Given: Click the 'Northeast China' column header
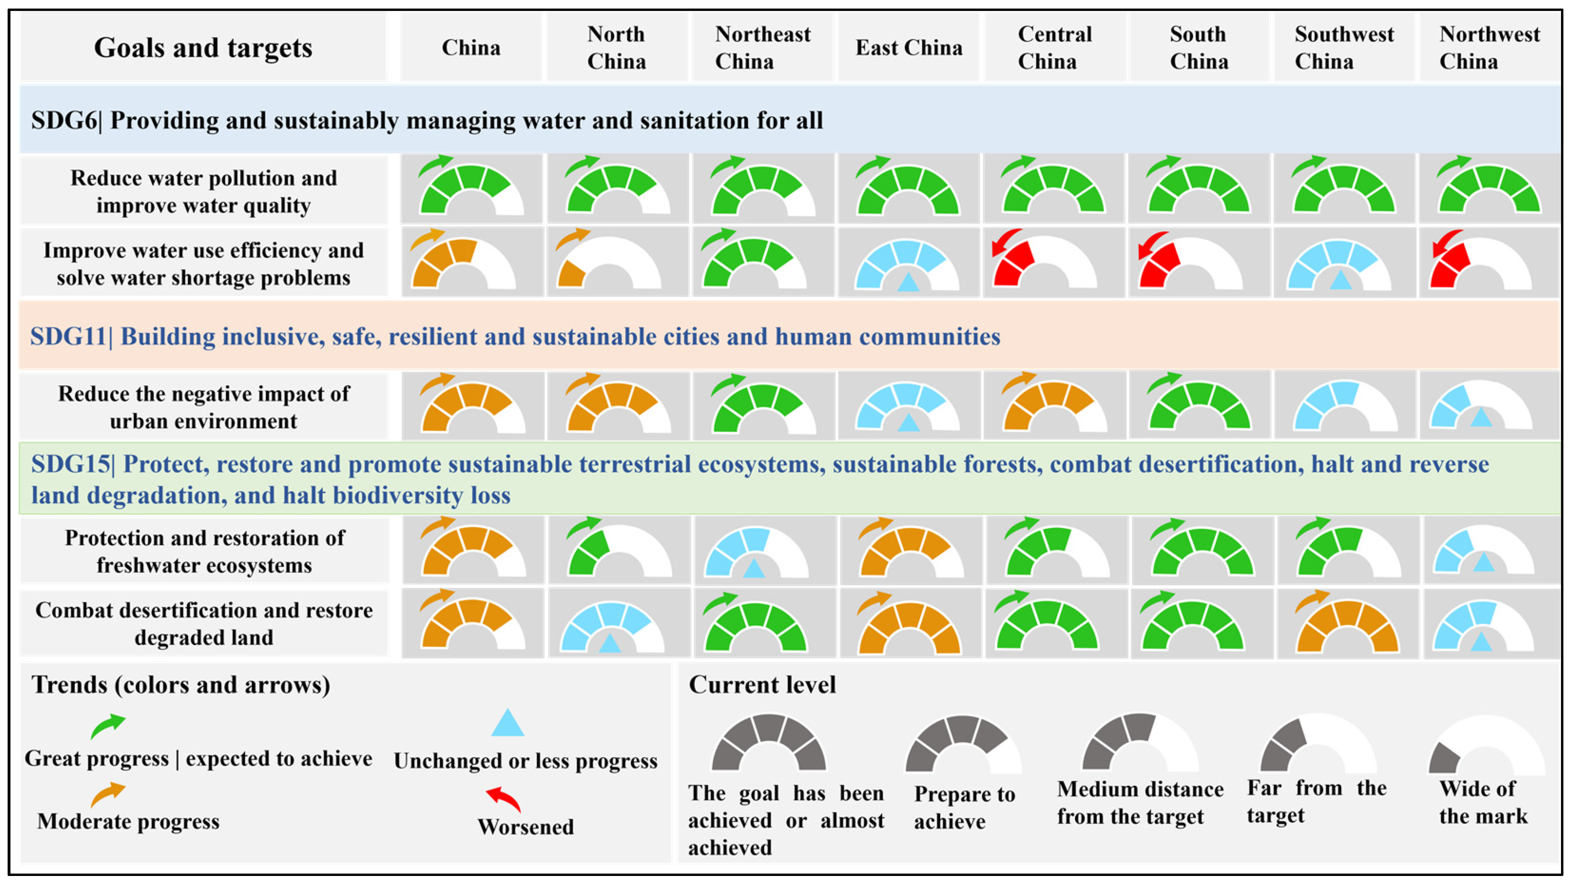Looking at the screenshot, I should tap(762, 48).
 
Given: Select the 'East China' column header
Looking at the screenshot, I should tap(909, 48).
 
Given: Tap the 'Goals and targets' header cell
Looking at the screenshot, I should tap(202, 48).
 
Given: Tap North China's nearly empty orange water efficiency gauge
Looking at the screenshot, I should tap(608, 263).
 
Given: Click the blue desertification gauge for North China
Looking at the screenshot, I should tap(612, 627).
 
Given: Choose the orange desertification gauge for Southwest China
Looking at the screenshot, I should tap(1347, 626).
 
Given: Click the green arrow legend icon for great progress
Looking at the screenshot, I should tap(107, 726).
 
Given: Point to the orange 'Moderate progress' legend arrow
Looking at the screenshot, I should tap(107, 794).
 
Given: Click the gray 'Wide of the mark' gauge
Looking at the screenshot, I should tap(1486, 745).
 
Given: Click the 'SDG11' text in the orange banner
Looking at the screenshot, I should tap(68, 337).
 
